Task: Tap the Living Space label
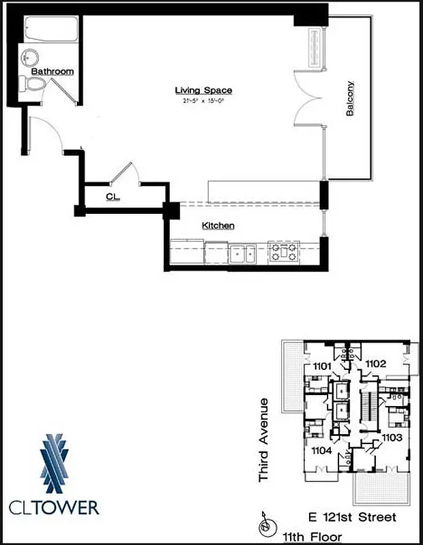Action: click(203, 91)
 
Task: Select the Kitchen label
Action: click(218, 225)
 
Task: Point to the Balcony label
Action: click(350, 99)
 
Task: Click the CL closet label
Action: click(113, 196)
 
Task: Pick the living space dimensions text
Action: click(203, 101)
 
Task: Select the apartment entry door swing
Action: click(46, 134)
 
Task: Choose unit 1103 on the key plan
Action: click(391, 437)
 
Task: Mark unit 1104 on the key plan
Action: click(322, 450)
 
